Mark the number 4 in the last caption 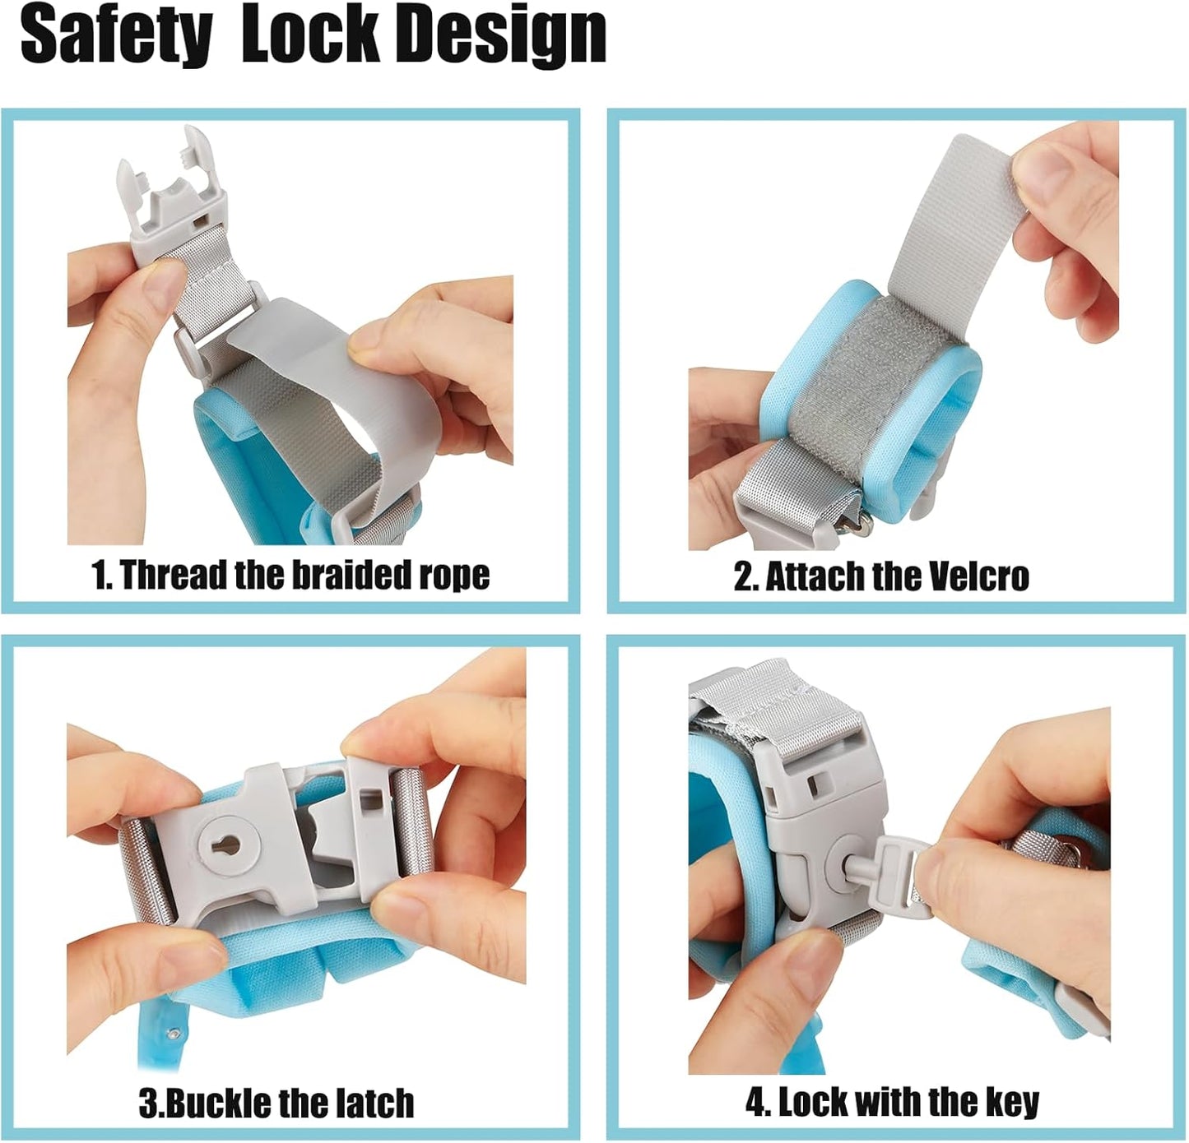coord(754,1103)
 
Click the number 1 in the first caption coord(100,575)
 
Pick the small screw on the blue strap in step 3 coord(174,1033)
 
